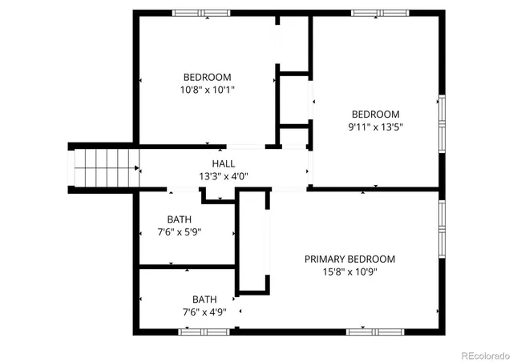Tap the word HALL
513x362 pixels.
pos(223,163)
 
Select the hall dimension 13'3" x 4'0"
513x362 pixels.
pos(223,176)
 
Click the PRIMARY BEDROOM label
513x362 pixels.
pos(349,259)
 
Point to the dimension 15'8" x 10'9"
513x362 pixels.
pos(349,271)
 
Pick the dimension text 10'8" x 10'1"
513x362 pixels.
pos(208,90)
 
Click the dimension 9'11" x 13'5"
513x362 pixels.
pos(374,127)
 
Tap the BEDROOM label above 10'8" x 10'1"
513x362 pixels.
pos(208,77)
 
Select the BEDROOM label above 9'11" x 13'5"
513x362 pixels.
pos(374,114)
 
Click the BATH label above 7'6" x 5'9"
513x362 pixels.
pos(179,219)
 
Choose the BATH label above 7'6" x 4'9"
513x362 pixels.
pos(204,300)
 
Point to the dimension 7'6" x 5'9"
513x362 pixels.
pos(179,232)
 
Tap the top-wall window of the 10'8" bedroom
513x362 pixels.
pos(201,13)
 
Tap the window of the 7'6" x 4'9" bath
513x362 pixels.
pos(204,331)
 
